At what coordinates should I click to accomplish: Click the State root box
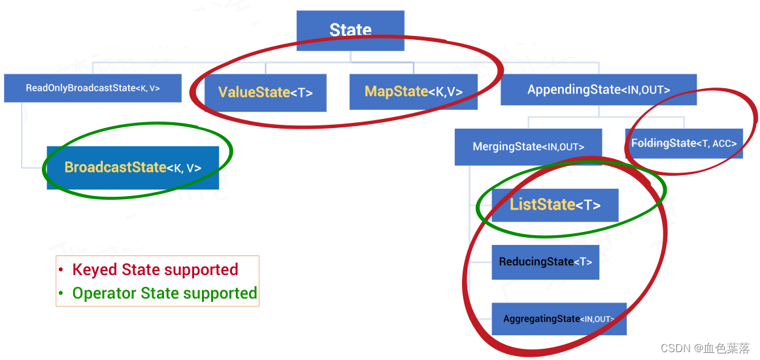350,30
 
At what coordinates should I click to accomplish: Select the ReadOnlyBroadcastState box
92,88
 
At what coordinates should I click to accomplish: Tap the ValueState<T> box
265,92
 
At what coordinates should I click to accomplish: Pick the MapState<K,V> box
413,91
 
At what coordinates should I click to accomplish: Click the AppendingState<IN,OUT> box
598,90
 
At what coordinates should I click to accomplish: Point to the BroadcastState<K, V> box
133,167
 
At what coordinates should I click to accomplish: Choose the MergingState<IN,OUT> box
528,146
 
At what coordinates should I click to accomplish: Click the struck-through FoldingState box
684,143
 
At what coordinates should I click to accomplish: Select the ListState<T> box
555,205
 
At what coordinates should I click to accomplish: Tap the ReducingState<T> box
545,262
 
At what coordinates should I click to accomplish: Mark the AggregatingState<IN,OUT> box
559,319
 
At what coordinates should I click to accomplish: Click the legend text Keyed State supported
155,269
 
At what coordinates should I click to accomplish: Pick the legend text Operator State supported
165,293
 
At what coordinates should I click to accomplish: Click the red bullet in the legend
61,270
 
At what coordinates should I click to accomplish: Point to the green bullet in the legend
61,294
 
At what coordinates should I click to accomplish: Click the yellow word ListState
542,205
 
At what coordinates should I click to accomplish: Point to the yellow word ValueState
254,92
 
